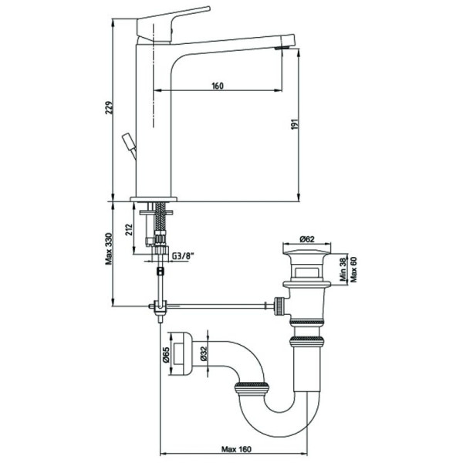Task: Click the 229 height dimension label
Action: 110,108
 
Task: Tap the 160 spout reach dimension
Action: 218,86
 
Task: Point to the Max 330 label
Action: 109,249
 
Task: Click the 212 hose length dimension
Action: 129,229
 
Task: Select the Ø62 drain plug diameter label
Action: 307,239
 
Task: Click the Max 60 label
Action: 353,269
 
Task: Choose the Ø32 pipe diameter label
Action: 204,353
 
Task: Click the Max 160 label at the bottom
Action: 237,449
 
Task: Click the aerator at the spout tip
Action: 282,48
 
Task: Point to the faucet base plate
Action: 154,199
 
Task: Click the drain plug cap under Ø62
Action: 307,253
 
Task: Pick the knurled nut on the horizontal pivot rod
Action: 279,306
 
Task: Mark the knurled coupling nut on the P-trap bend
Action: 252,388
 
